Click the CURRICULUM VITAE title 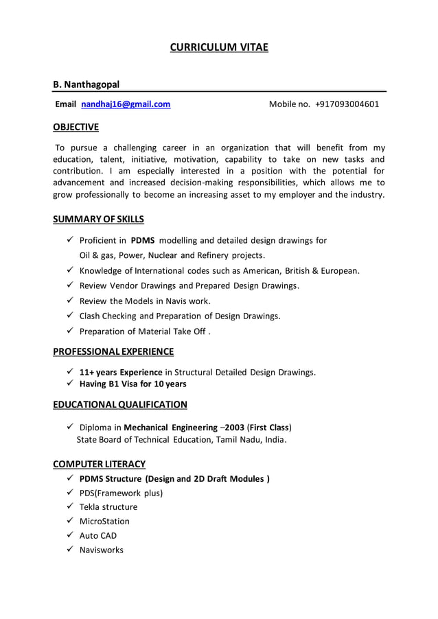click(219, 47)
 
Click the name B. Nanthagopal click(87, 84)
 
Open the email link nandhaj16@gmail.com click(126, 104)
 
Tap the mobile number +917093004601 click(347, 104)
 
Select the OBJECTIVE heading click(76, 127)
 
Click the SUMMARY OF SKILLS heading click(99, 220)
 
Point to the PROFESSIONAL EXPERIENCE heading click(113, 351)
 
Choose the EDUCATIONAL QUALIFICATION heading click(120, 404)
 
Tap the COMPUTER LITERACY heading click(100, 464)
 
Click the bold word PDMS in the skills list click(143, 240)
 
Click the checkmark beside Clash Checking click(70, 316)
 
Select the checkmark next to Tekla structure click(70, 506)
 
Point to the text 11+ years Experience click(121, 372)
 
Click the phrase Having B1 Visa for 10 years click(132, 384)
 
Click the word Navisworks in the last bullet click(102, 550)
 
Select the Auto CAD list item click(98, 535)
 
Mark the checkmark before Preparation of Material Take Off click(70, 331)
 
